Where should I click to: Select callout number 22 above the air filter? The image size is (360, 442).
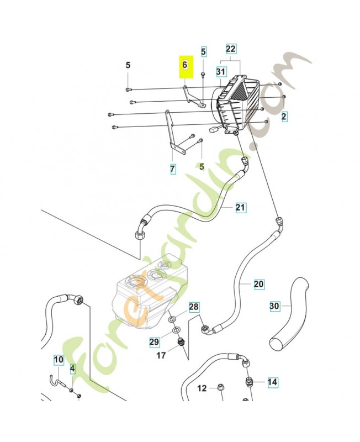231,50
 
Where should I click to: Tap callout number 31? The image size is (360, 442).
221,72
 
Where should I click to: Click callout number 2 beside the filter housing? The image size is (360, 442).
284,117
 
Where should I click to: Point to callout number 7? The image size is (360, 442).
173,169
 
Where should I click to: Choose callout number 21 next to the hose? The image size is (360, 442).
240,207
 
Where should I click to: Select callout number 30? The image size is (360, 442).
275,306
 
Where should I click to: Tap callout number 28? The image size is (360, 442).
193,307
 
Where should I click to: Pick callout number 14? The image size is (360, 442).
272,382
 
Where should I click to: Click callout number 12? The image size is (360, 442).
202,388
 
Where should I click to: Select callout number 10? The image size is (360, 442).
59,361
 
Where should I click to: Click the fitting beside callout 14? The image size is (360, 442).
250,382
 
